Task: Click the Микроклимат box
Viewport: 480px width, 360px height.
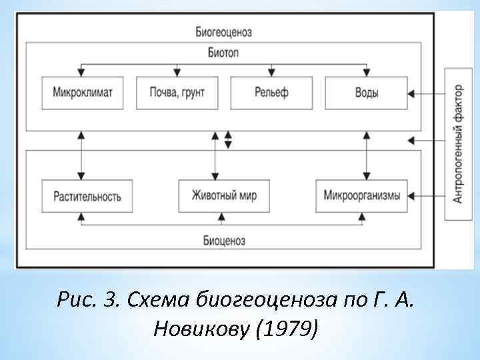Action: [x=83, y=93]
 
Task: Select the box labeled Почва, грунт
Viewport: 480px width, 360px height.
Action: [x=177, y=93]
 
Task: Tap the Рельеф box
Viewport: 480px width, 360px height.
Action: [x=271, y=93]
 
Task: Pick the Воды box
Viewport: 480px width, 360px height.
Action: [x=366, y=93]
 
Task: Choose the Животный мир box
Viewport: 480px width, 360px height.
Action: [x=224, y=196]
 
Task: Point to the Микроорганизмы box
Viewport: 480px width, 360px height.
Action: [x=361, y=196]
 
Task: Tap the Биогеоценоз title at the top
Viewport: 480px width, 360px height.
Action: [x=224, y=31]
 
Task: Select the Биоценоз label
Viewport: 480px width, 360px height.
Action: [x=224, y=240]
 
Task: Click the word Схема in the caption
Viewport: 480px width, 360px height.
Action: [x=160, y=301]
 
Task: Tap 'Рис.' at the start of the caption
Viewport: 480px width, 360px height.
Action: [x=73, y=301]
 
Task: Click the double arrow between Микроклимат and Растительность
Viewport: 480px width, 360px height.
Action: [x=81, y=155]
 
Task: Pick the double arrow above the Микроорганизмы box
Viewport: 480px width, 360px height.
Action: [x=366, y=155]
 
